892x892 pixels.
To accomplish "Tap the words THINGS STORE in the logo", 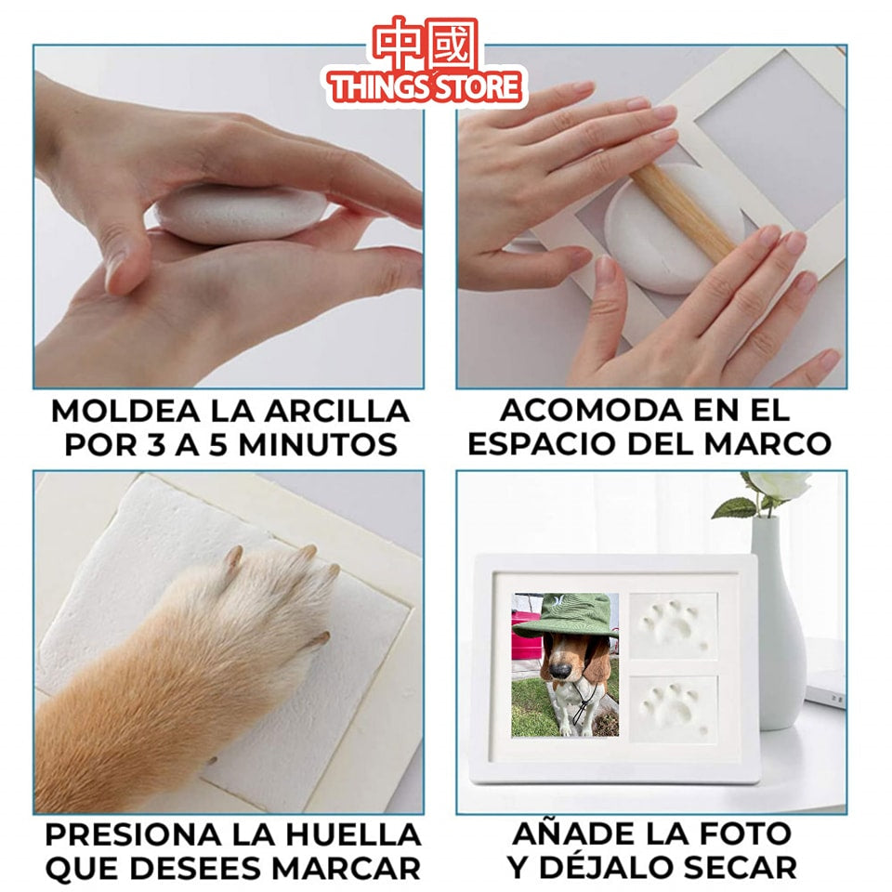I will point(426,88).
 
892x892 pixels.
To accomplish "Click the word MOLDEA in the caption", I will point(113,411).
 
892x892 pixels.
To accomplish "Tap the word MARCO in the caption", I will point(767,443).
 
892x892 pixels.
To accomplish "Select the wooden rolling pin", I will point(684,215).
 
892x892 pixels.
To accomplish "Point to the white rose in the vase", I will point(779,484).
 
